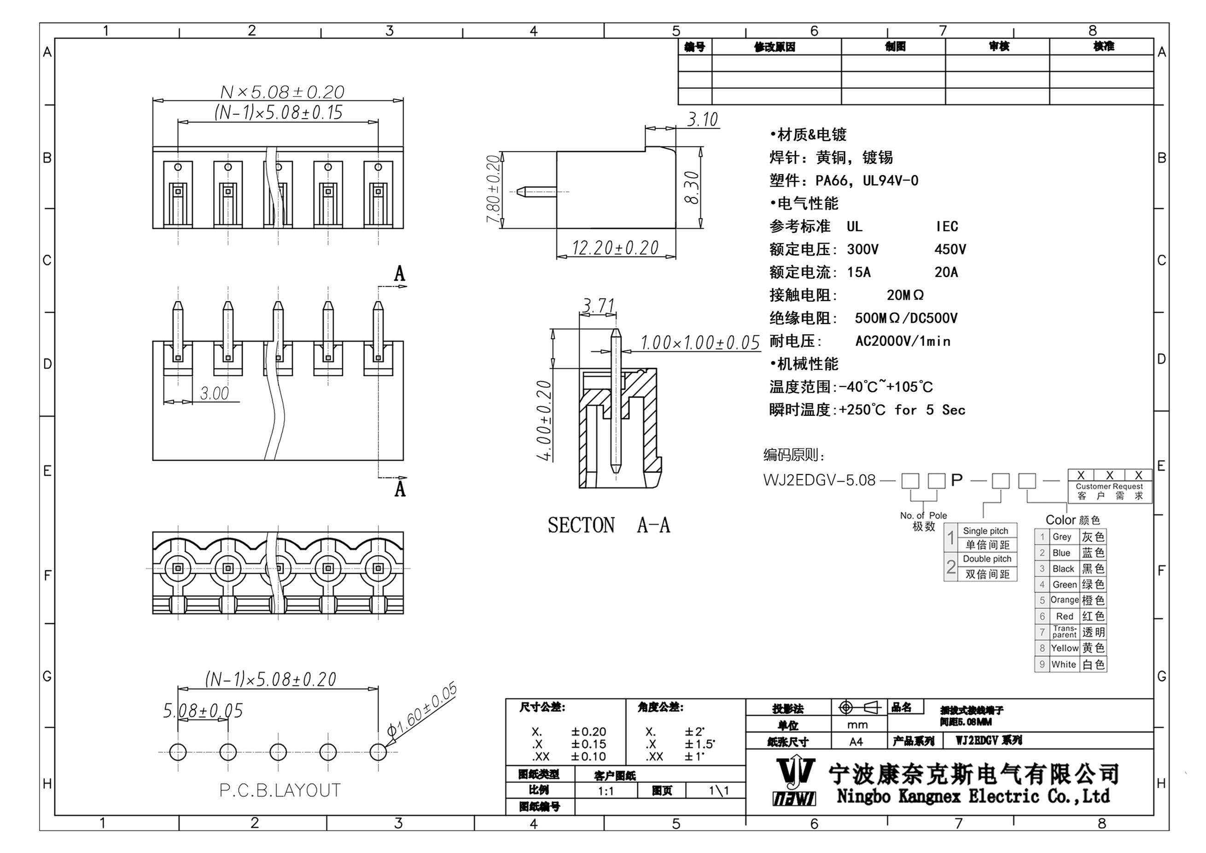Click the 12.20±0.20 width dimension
point(615,247)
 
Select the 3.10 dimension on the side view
point(702,120)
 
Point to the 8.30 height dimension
point(692,188)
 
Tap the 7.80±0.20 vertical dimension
point(493,189)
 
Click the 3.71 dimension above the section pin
point(598,305)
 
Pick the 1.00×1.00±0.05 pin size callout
point(699,343)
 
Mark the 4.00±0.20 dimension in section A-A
point(544,420)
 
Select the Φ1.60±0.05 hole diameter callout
point(422,710)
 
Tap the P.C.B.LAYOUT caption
point(280,790)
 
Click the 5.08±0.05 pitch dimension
point(203,711)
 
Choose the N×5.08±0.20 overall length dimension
point(282,92)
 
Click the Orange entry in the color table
point(1064,600)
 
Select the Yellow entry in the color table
point(1064,648)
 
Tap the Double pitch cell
point(987,559)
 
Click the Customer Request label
point(1109,486)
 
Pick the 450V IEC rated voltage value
point(950,250)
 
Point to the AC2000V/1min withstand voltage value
point(903,341)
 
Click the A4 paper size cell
point(856,742)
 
